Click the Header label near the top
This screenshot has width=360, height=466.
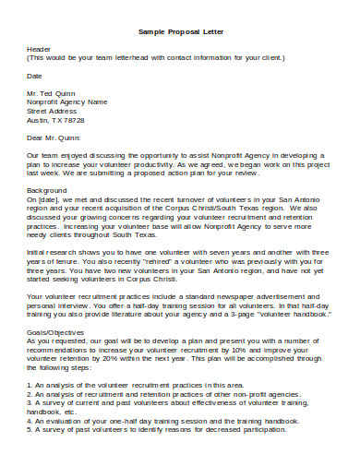coord(39,49)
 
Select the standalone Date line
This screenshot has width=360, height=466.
coord(34,76)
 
